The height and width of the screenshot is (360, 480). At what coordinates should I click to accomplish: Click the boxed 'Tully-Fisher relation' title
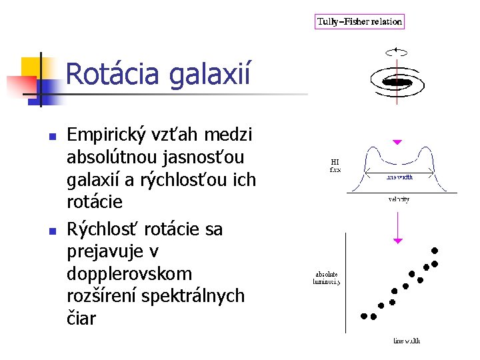click(x=359, y=21)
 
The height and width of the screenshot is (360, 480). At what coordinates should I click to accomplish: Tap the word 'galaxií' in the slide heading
click(x=210, y=75)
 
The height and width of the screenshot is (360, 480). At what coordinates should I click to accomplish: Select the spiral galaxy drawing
click(x=398, y=82)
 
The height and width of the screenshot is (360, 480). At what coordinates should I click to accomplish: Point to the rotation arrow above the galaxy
click(x=397, y=50)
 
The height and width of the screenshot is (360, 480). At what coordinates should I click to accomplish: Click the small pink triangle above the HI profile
click(x=397, y=142)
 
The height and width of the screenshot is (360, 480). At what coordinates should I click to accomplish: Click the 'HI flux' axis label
click(x=335, y=165)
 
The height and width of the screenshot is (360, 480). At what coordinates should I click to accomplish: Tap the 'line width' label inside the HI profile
click(x=399, y=177)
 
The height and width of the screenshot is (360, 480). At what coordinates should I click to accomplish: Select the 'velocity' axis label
click(x=399, y=199)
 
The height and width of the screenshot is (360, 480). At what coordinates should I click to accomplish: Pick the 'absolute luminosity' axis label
click(x=327, y=278)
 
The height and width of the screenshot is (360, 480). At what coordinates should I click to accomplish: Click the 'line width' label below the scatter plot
click(x=406, y=341)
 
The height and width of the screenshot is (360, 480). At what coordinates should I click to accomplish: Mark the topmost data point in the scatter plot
click(x=435, y=251)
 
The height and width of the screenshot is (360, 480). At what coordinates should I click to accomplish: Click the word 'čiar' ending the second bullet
click(x=81, y=318)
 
